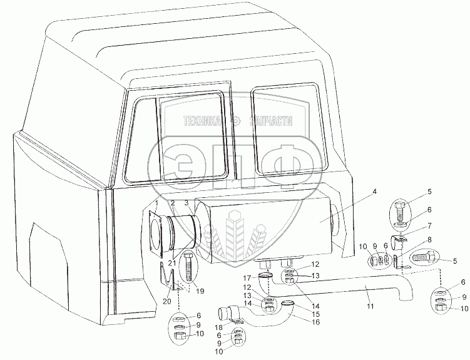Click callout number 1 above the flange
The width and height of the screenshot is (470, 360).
coord(157,203)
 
